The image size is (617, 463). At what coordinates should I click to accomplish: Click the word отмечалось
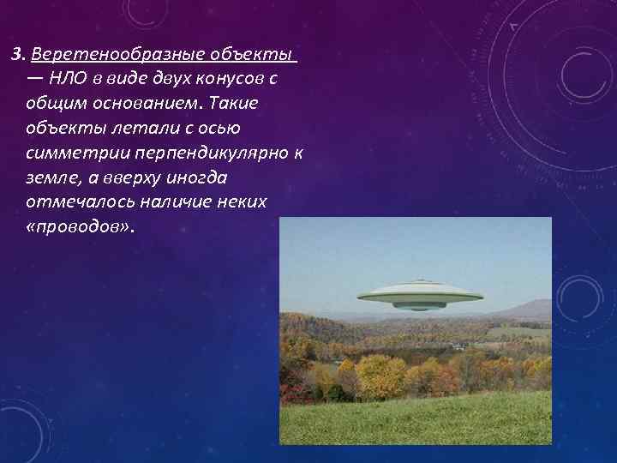click(77, 202)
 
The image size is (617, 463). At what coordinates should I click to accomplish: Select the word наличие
click(179, 202)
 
